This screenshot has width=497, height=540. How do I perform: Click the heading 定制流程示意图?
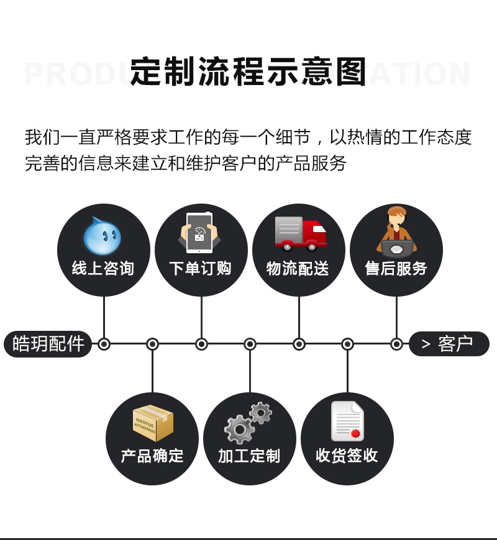click(248, 73)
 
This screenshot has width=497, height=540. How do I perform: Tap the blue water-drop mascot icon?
click(103, 236)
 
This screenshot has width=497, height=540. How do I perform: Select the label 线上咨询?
click(103, 269)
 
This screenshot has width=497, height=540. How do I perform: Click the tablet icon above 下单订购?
click(200, 233)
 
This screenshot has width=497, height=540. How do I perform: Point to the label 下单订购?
click(201, 269)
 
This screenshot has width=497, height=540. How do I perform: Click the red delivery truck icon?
click(300, 233)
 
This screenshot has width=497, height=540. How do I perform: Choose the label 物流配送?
click(298, 269)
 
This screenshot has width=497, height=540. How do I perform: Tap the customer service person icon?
click(396, 232)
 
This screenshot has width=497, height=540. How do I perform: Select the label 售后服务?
click(396, 269)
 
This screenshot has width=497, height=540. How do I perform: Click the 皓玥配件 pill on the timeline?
click(48, 344)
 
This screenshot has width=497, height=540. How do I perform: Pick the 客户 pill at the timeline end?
click(449, 344)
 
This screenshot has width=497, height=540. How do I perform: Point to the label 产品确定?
click(152, 456)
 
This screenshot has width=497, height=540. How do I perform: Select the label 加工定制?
click(249, 456)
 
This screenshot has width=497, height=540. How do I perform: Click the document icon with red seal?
click(347, 421)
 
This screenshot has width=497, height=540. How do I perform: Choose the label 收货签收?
click(347, 456)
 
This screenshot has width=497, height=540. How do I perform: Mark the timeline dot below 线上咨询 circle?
click(104, 344)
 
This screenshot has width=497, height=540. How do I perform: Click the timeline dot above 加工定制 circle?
click(250, 344)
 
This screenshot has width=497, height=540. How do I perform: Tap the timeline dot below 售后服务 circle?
click(396, 344)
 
